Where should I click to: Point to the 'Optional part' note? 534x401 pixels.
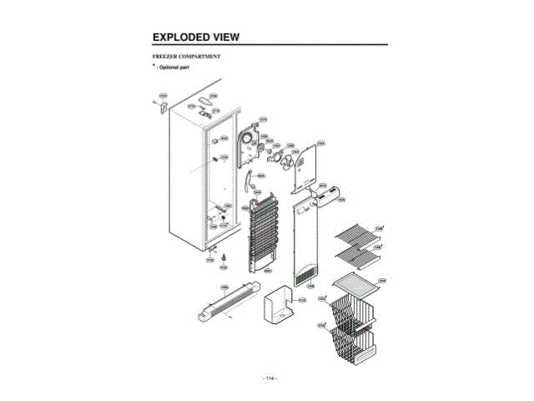174,66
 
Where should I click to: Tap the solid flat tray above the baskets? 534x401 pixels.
357,287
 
